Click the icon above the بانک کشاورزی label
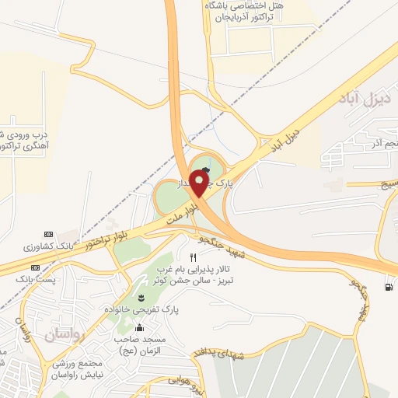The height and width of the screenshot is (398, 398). (48, 234)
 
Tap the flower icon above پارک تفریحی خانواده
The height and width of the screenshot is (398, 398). (141, 298)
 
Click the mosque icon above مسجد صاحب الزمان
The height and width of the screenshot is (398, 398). (140, 327)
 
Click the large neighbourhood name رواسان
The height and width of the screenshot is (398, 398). (63, 335)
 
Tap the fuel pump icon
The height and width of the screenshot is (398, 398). (388, 287)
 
